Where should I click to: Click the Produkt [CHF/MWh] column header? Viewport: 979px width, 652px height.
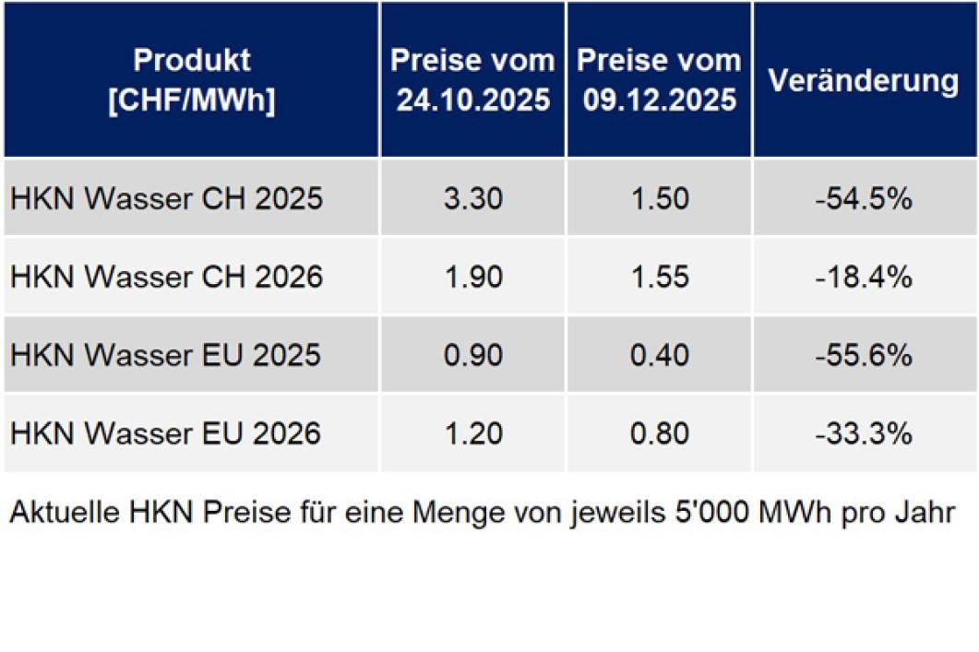192,80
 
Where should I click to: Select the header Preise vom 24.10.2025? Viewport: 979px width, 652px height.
473,80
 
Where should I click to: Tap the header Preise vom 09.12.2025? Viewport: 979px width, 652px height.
659,80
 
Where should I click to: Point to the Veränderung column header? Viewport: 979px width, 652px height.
864,80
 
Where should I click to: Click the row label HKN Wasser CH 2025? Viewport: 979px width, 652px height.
167,198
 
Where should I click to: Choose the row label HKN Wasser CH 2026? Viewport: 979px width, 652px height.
167,277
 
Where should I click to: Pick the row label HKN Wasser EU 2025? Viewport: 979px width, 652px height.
166,355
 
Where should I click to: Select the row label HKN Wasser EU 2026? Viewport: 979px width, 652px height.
166,433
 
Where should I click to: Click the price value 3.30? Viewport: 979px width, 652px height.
473,198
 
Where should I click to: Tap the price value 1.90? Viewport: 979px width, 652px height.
473,277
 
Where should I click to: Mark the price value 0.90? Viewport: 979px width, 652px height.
473,355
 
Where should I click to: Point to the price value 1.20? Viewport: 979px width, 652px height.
473,433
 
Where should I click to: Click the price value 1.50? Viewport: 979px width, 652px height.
659,198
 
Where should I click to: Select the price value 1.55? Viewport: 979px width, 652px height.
659,277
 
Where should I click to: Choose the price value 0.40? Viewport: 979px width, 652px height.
659,355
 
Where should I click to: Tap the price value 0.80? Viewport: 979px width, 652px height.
659,433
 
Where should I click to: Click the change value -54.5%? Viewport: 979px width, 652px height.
864,198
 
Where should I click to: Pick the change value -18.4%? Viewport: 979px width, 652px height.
864,277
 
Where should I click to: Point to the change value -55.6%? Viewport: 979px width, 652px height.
864,355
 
